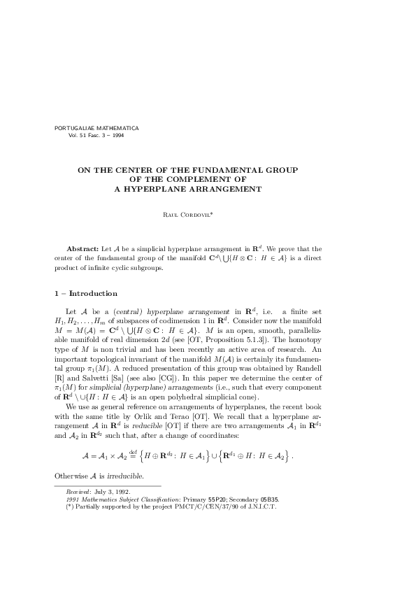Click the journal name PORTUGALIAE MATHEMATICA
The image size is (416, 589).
[96, 128]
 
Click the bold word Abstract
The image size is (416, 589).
[83, 249]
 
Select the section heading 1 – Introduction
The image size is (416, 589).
[86, 293]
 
